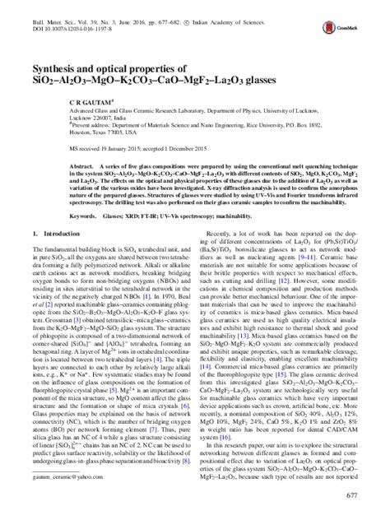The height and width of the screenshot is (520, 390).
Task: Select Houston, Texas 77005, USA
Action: [x=77, y=131]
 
